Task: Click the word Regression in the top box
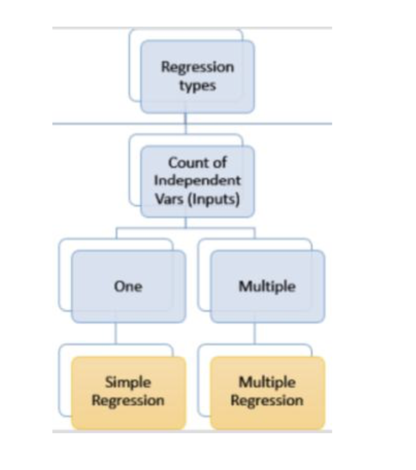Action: pos(197,67)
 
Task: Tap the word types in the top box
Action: pos(197,85)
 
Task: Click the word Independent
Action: pos(197,180)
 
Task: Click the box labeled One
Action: pos(128,287)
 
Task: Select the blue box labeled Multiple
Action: pos(267,287)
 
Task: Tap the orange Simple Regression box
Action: pos(128,392)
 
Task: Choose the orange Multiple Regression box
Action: pos(267,392)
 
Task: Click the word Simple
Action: pos(128,382)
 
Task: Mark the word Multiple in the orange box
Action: pos(267,382)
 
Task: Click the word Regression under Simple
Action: pos(128,401)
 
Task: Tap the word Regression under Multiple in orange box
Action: pos(267,401)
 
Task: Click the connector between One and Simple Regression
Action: pos(115,333)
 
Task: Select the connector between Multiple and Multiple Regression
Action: pos(254,333)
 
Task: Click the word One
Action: pos(128,287)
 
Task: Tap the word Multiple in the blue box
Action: pos(267,287)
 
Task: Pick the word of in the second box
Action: pos(219,163)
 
